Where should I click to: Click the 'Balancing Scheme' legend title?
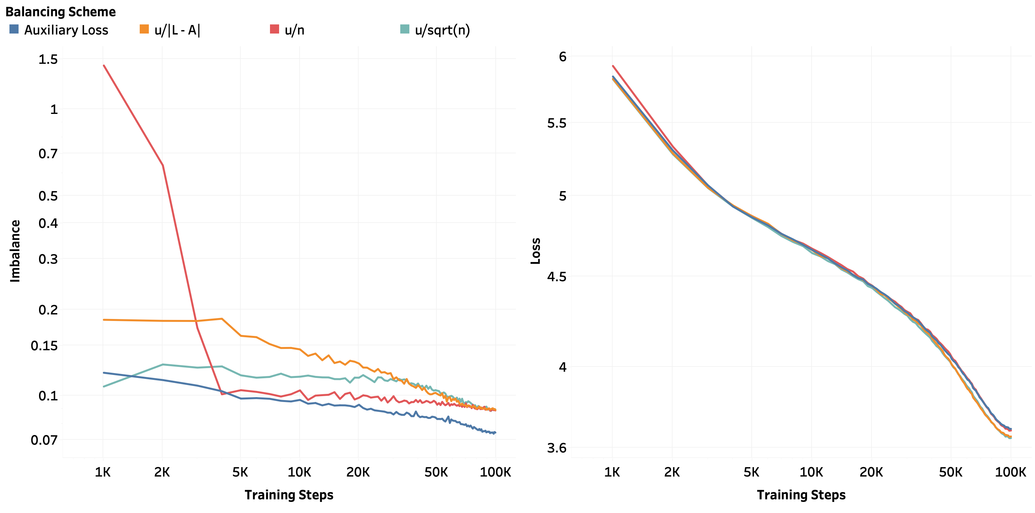(x=60, y=12)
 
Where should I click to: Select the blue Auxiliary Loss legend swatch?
(x=14, y=29)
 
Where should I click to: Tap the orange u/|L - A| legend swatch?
(x=144, y=29)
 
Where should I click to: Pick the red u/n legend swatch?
(x=275, y=29)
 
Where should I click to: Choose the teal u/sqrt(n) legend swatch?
(x=404, y=29)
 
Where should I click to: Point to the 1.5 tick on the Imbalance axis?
(x=48, y=60)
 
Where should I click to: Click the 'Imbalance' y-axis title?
(x=15, y=251)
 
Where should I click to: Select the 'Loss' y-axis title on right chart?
(x=536, y=251)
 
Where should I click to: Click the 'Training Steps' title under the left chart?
(x=289, y=495)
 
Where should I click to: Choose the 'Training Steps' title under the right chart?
(x=801, y=495)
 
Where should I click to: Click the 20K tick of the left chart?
(x=358, y=472)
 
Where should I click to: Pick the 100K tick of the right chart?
(x=1010, y=472)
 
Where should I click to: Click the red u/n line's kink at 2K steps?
(x=162, y=165)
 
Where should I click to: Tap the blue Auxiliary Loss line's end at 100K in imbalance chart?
(x=495, y=433)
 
